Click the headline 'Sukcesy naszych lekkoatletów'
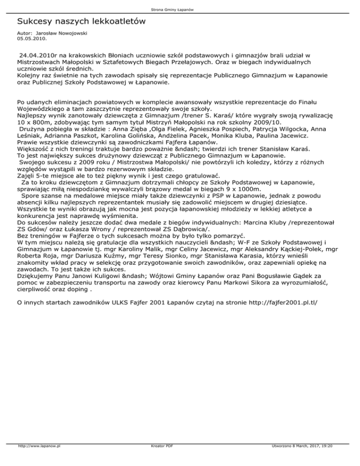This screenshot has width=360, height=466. point(81,22)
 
